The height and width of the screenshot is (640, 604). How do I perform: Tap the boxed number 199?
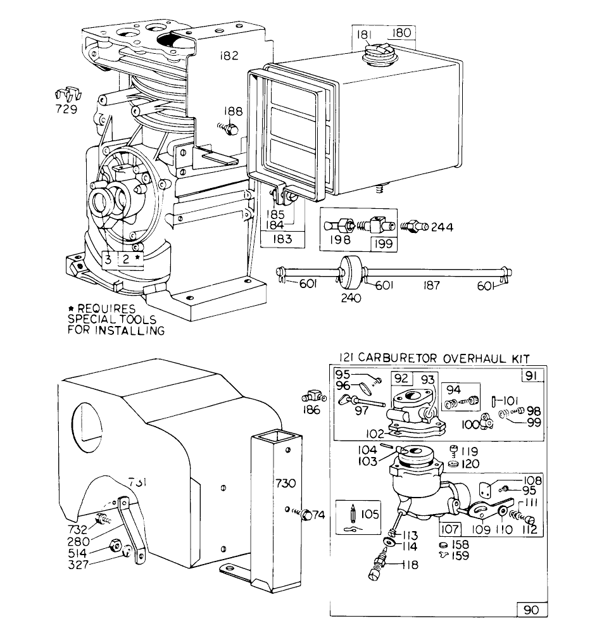click(x=383, y=242)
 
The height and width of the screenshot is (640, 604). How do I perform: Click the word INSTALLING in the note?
click(x=129, y=330)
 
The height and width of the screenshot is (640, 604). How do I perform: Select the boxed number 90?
click(x=531, y=610)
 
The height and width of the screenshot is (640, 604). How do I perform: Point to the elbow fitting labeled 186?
click(x=313, y=398)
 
